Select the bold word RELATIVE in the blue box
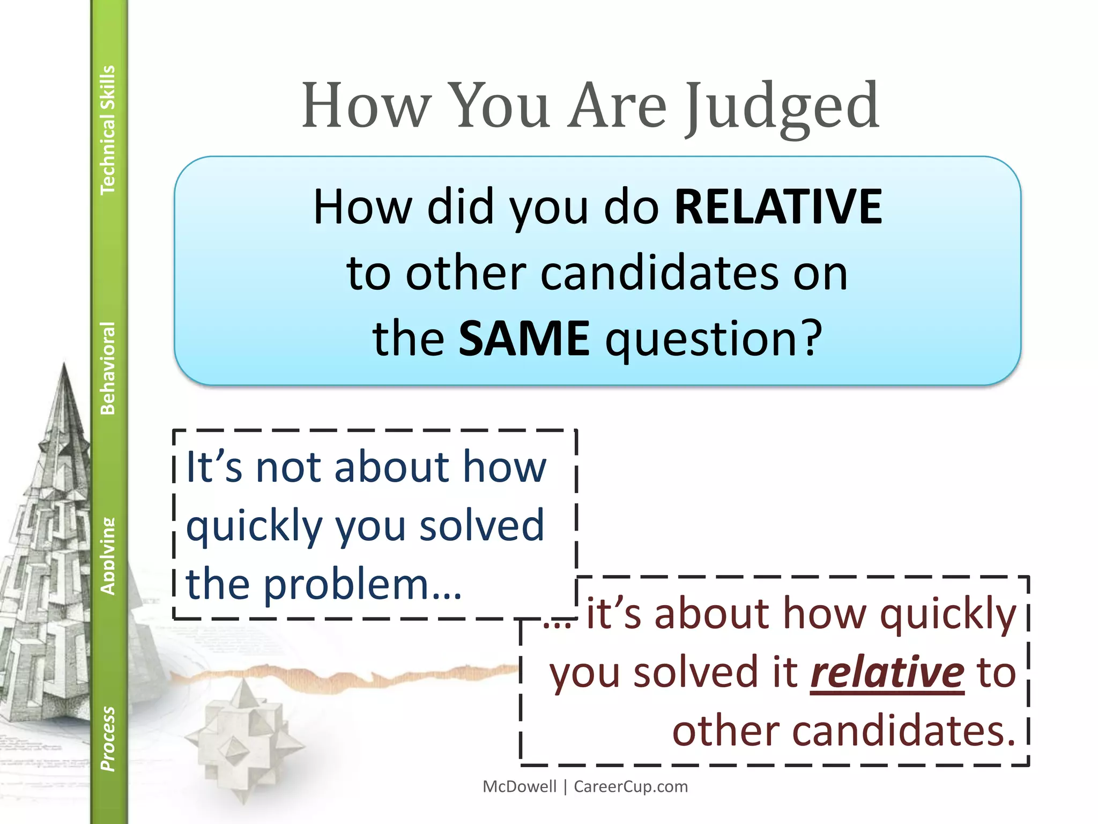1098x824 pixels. point(778,207)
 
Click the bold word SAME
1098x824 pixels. point(524,339)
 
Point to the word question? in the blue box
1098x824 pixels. point(714,340)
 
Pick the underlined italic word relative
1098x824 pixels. point(887,672)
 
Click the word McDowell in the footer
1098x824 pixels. point(520,786)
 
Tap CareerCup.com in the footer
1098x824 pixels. point(630,786)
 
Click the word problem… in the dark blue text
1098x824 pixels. point(362,584)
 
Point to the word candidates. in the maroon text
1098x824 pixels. point(844,731)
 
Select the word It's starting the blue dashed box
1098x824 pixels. point(214,467)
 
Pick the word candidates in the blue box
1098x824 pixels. point(659,274)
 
